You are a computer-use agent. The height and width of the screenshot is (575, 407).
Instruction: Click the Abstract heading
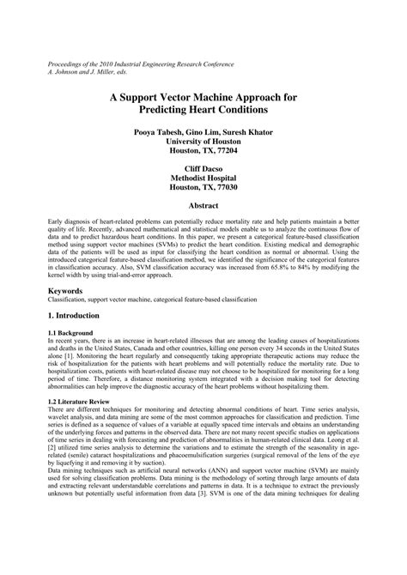(203, 206)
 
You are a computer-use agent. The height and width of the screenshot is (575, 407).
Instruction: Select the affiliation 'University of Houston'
(203, 141)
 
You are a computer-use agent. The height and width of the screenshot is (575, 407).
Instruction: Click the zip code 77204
(226, 150)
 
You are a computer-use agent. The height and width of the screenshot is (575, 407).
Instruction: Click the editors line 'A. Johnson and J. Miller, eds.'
(90, 73)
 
